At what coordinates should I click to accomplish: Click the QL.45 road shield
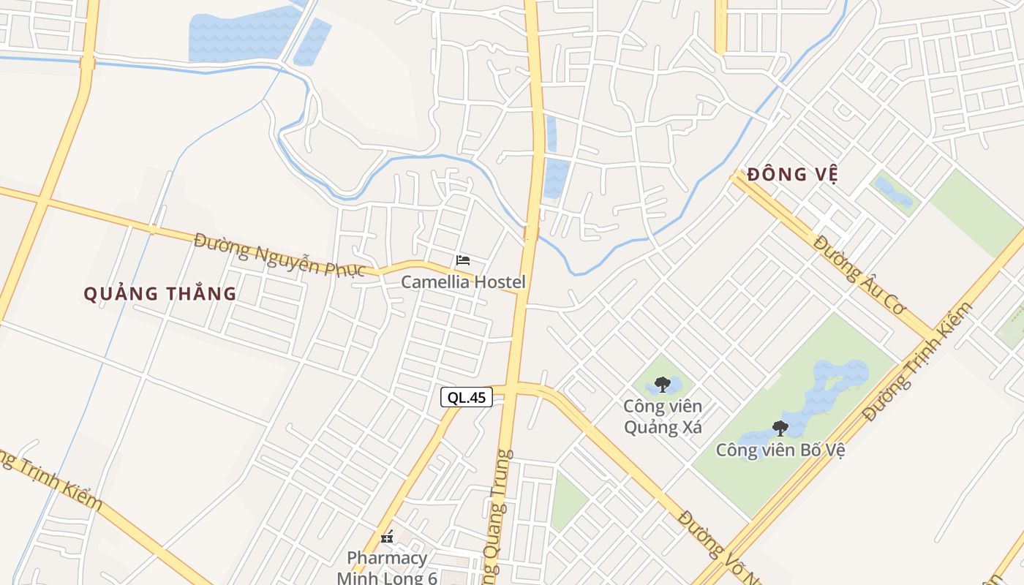[466, 397]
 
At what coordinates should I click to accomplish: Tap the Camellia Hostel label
[463, 282]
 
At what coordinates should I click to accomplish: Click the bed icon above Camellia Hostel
[462, 260]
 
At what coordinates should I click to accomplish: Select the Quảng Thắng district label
[159, 294]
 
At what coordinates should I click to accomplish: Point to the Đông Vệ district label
[792, 175]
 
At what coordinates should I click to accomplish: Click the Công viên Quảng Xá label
[663, 417]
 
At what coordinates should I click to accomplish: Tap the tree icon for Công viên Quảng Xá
[663, 384]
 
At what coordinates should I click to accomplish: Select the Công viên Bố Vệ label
[780, 450]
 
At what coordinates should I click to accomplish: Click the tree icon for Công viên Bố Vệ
[780, 428]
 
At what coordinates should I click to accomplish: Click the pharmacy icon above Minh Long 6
[387, 537]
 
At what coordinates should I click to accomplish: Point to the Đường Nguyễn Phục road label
[279, 254]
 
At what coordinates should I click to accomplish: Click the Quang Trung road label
[497, 512]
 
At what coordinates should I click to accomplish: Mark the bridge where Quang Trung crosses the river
[531, 234]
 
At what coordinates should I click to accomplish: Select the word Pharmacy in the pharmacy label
[387, 558]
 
